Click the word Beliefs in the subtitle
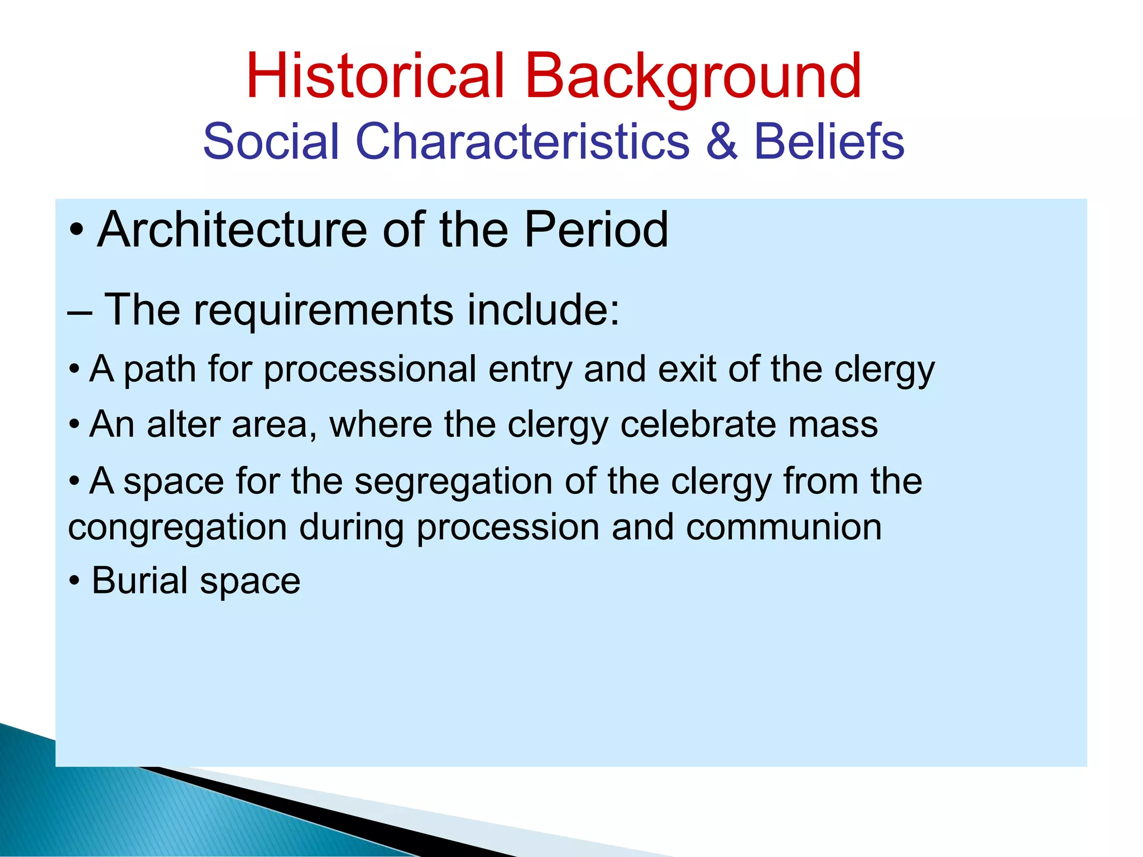[829, 142]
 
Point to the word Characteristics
[522, 142]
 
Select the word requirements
[323, 310]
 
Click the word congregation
[177, 528]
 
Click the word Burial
[140, 581]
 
